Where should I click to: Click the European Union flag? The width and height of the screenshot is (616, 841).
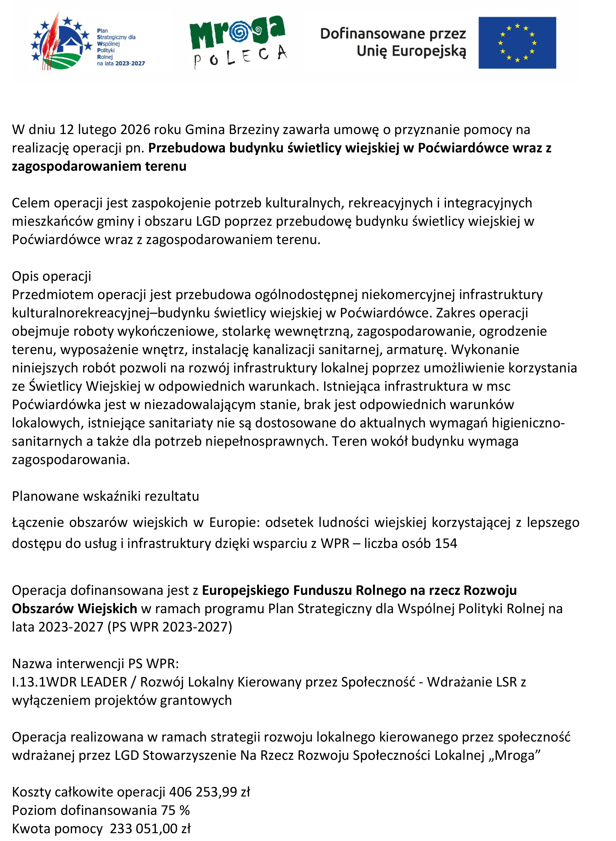[x=517, y=43]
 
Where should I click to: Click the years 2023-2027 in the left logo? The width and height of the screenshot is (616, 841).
[x=130, y=63]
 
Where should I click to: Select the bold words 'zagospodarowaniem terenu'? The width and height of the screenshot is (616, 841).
[x=99, y=166]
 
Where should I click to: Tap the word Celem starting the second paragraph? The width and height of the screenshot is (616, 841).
[x=31, y=203]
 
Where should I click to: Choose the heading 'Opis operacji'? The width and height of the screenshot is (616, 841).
[x=51, y=276]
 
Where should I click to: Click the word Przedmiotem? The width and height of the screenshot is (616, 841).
[x=53, y=294]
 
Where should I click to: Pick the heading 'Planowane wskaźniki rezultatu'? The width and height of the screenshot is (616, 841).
[x=105, y=496]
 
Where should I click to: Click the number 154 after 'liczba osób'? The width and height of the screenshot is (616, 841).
[x=446, y=543]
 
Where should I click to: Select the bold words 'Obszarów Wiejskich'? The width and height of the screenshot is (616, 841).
[x=74, y=609]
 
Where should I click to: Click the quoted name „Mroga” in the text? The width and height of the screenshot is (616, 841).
[x=517, y=755]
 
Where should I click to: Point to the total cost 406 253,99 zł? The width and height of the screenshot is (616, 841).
[x=209, y=792]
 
